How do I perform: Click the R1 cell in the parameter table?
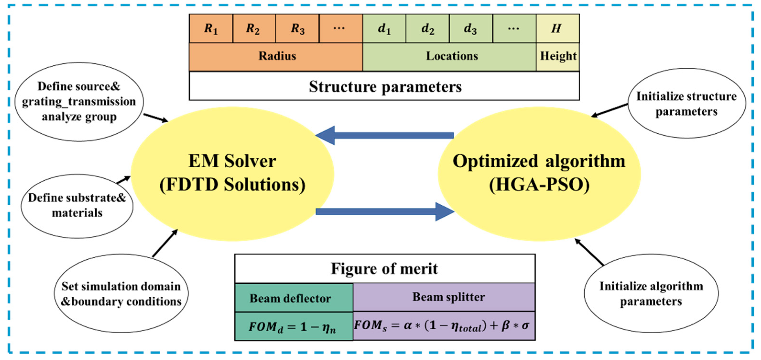tap(211, 29)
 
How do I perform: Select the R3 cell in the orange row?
tap(297, 29)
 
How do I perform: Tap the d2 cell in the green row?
tap(427, 29)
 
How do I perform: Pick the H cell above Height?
tap(557, 29)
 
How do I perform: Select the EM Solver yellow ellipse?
tap(232, 174)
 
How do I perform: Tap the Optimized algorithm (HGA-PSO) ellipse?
tap(539, 174)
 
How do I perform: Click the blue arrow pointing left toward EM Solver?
tap(384, 135)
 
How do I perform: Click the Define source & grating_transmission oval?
tap(79, 101)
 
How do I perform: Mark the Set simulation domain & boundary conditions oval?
tap(121, 294)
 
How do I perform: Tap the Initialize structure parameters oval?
tap(686, 104)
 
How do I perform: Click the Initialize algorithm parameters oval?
tap(651, 294)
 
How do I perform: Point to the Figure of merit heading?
tap(384, 268)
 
